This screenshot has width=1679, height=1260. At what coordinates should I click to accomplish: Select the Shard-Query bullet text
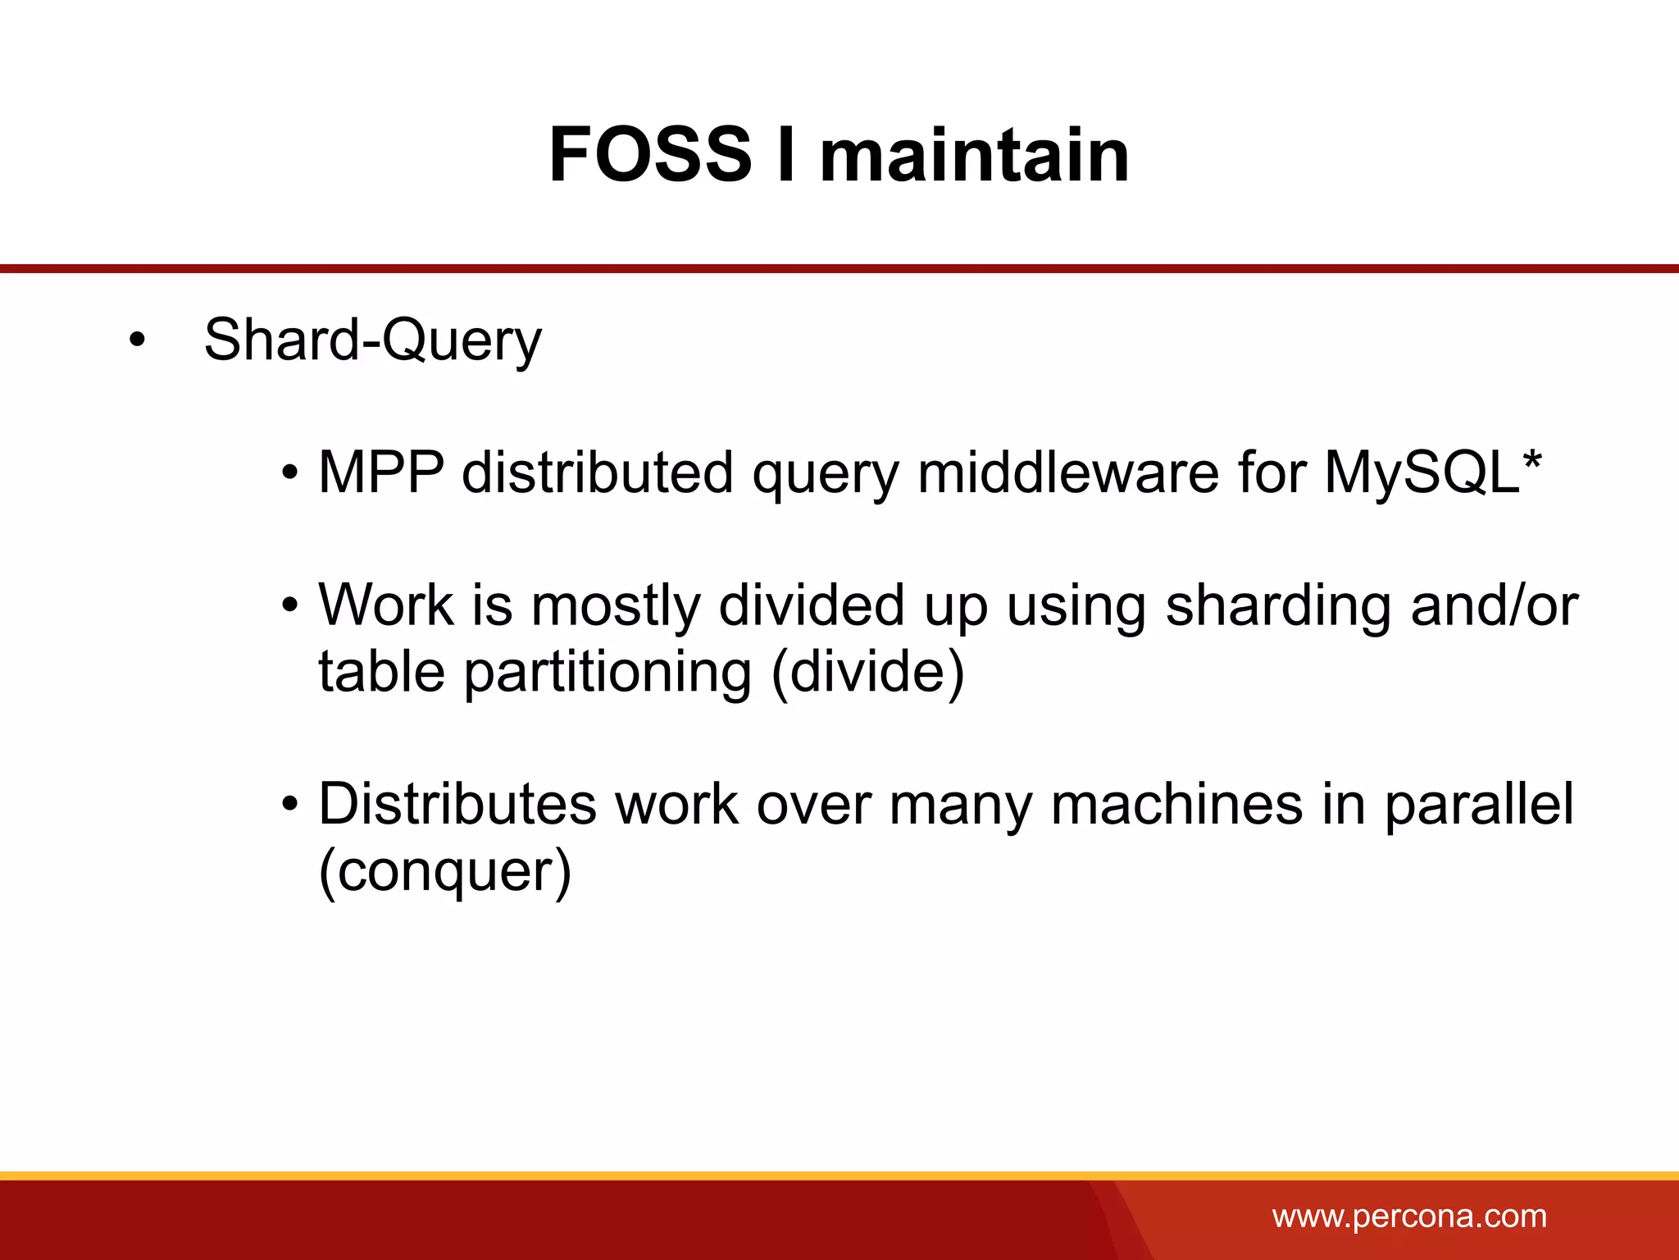click(372, 340)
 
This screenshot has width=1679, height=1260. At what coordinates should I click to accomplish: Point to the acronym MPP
click(381, 472)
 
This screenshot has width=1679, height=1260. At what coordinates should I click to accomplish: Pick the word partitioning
click(607, 673)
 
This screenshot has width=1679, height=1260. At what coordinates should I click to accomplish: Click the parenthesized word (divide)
click(868, 673)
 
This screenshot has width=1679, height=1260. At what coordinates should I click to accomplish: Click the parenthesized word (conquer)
click(444, 871)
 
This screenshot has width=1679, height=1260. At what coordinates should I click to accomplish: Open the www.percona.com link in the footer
click(1409, 1216)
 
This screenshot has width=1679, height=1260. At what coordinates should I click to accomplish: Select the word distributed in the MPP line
click(598, 472)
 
